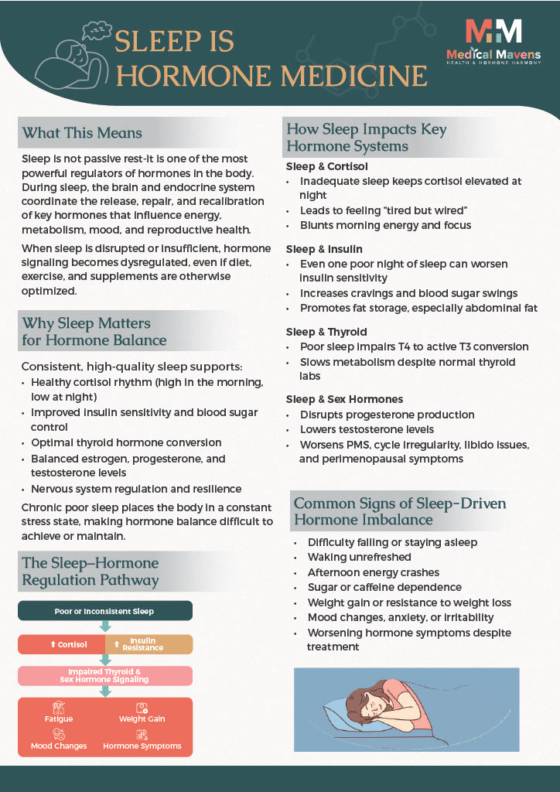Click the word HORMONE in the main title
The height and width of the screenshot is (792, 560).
(x=194, y=76)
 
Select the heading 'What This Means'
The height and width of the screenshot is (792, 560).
(x=82, y=133)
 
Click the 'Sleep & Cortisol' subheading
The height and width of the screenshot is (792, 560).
(x=326, y=166)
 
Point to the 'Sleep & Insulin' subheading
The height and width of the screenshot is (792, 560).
(x=324, y=249)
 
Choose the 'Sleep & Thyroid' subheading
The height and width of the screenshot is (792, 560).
(x=326, y=332)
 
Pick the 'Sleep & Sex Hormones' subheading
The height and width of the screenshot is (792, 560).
(x=344, y=399)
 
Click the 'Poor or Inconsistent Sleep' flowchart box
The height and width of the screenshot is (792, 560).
(x=104, y=611)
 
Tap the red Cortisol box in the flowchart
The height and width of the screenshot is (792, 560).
(x=61, y=644)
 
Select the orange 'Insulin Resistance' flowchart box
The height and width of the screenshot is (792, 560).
(x=148, y=644)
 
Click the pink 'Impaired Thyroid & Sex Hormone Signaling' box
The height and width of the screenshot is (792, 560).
(x=104, y=676)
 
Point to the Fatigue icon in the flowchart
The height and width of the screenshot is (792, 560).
(x=59, y=707)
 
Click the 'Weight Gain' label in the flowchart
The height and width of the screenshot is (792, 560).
(x=142, y=719)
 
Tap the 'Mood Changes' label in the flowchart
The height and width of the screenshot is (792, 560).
(x=59, y=746)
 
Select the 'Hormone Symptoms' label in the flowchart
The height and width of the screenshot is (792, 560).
(x=142, y=746)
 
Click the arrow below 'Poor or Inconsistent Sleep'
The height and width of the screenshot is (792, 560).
(x=104, y=627)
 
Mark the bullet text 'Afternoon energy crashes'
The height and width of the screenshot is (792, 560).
(x=373, y=572)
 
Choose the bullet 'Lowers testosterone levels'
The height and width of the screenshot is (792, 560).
(x=367, y=429)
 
